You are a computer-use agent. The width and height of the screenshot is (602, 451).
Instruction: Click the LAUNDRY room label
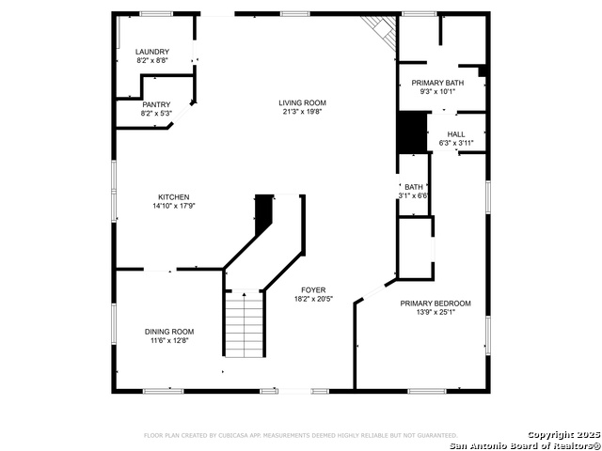point(152,52)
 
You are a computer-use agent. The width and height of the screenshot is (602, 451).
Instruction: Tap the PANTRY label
point(156,104)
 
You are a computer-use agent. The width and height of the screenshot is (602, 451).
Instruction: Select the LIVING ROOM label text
point(302,102)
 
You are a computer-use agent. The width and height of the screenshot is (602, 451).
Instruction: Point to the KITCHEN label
point(173,197)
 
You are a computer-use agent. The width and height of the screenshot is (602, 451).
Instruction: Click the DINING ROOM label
point(169,332)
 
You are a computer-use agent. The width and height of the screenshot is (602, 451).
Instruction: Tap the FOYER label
point(313,290)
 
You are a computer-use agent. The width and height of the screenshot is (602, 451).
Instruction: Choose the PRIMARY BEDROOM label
point(436,303)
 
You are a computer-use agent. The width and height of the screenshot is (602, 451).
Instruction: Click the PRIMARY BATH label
point(437,83)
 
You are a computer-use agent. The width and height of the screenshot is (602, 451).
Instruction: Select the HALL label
point(456,134)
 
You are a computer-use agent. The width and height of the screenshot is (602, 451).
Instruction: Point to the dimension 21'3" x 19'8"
point(302,112)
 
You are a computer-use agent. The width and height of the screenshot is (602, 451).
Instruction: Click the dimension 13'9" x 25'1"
point(436,312)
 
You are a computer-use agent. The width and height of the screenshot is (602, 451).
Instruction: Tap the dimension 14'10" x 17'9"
point(174,206)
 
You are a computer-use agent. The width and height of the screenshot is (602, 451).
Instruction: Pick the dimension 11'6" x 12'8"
point(169,340)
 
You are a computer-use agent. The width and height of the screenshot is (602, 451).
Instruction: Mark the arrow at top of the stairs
point(245,294)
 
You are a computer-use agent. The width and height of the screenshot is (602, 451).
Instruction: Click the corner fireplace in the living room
point(381,32)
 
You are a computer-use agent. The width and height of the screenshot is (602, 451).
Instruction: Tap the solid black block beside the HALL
point(413,132)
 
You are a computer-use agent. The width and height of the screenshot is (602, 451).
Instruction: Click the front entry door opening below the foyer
point(294,391)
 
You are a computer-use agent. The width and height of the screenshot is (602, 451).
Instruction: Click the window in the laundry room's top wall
point(156,14)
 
